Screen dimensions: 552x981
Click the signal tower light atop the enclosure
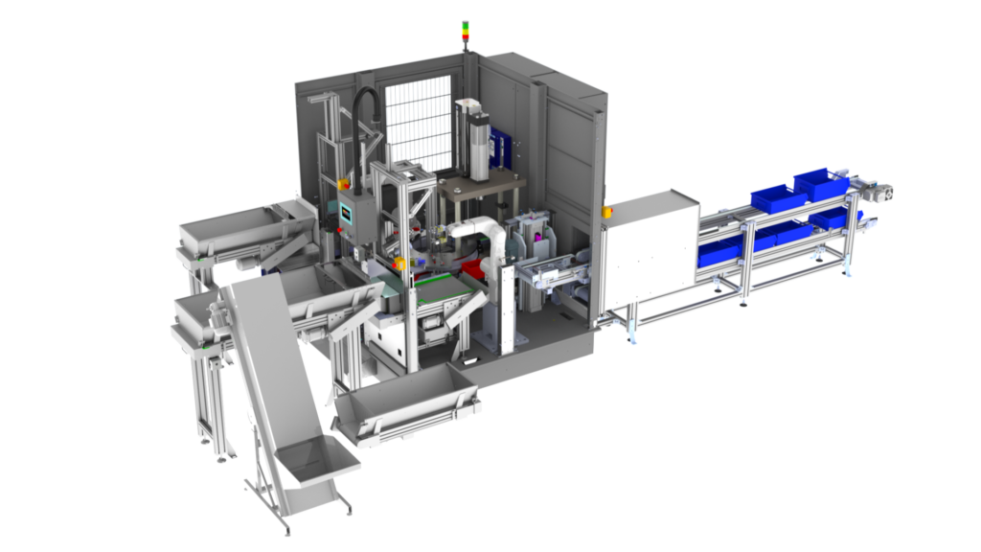467,32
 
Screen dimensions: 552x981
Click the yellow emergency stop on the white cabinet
605,210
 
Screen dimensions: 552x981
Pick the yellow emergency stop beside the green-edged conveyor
399,263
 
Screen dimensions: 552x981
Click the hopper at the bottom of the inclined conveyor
317,471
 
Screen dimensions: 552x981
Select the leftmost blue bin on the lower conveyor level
720,253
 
